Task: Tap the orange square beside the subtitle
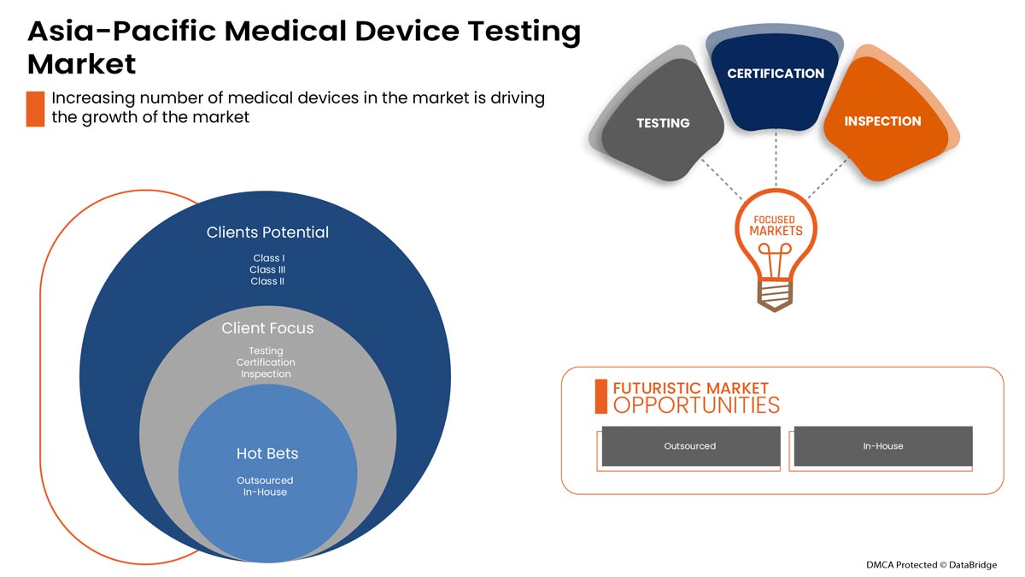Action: point(35,109)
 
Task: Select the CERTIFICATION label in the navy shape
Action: point(776,74)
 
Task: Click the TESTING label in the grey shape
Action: point(663,123)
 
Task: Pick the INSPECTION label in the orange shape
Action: point(882,121)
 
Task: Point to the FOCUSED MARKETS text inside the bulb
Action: point(776,226)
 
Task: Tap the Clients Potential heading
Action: point(267,233)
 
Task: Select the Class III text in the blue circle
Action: point(267,269)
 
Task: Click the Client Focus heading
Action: point(267,328)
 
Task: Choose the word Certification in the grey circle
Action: point(266,362)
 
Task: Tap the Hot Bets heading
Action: point(267,453)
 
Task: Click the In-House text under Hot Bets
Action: point(265,492)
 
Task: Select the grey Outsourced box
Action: point(690,446)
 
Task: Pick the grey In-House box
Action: point(882,446)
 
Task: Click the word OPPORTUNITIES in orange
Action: point(696,405)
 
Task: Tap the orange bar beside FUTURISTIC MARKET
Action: point(600,396)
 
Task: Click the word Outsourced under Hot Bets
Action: point(265,480)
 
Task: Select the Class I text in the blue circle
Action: point(267,258)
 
